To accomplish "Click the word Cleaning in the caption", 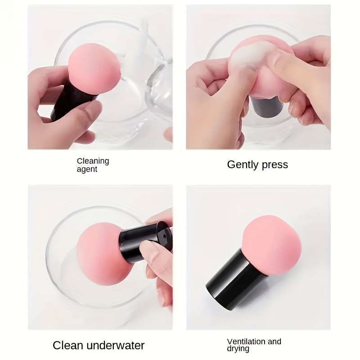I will (x=93, y=161).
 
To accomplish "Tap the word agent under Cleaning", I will (x=87, y=169).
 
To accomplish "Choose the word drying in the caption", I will (x=238, y=349).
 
